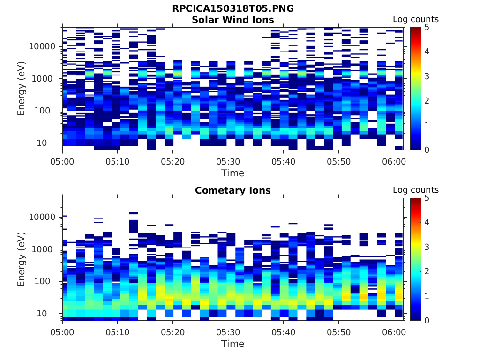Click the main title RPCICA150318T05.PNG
233,8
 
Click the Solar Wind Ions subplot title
233,20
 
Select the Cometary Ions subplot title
233,190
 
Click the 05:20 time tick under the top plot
172,161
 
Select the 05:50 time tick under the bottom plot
338,332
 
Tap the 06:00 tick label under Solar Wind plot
394,161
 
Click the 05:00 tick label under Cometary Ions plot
62,332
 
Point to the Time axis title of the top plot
233,173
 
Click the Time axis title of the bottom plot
233,344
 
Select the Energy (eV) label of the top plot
22,89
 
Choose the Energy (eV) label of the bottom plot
22,259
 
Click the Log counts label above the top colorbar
415,19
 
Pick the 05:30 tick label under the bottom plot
228,332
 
